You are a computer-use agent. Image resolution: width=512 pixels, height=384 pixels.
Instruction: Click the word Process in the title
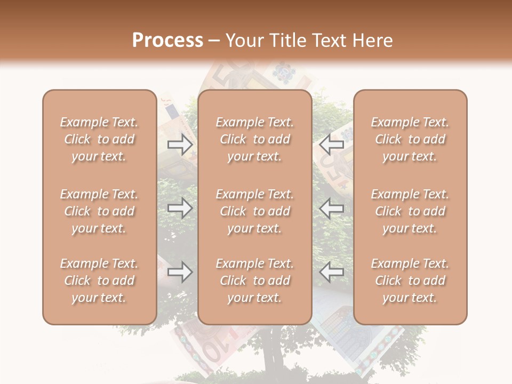pos(167,41)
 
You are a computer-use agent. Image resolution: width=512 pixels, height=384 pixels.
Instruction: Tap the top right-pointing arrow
pos(180,144)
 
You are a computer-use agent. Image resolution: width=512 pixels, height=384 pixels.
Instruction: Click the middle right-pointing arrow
pos(180,208)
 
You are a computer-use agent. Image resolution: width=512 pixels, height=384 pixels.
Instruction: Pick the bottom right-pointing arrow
pos(180,272)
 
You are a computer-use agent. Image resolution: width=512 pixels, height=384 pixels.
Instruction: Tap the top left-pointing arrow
pos(331,144)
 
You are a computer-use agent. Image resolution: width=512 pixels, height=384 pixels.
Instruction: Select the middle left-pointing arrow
pos(331,208)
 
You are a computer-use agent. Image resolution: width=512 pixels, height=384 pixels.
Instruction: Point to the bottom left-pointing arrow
pos(331,272)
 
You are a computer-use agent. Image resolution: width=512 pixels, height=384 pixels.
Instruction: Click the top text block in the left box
pos(99,139)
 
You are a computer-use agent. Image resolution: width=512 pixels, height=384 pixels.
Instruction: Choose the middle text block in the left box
pos(99,211)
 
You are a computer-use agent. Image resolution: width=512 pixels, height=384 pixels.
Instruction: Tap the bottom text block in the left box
pos(99,281)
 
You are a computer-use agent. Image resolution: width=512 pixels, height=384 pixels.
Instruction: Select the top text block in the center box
pos(255,139)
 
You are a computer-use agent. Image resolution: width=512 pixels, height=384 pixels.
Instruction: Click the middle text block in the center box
pos(255,211)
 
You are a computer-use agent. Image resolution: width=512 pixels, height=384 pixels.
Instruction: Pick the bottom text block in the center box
pos(255,281)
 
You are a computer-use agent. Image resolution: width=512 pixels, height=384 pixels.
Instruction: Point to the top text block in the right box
pos(410,139)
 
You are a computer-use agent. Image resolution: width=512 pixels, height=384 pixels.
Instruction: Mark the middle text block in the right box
pos(410,211)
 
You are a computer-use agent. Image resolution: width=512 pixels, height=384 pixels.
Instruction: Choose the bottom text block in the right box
pos(410,281)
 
